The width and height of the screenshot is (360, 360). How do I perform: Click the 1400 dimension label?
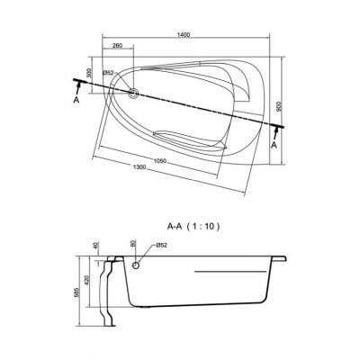185,34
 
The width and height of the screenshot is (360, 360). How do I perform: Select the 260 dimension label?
118,46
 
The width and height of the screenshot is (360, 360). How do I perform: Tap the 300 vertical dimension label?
88,73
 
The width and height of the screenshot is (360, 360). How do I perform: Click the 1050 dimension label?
160,161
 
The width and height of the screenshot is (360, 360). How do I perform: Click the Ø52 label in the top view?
108,73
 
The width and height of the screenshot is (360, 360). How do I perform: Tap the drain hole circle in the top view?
133,93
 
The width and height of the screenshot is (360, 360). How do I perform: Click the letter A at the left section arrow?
76,101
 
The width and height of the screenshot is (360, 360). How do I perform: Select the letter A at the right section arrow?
274,145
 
